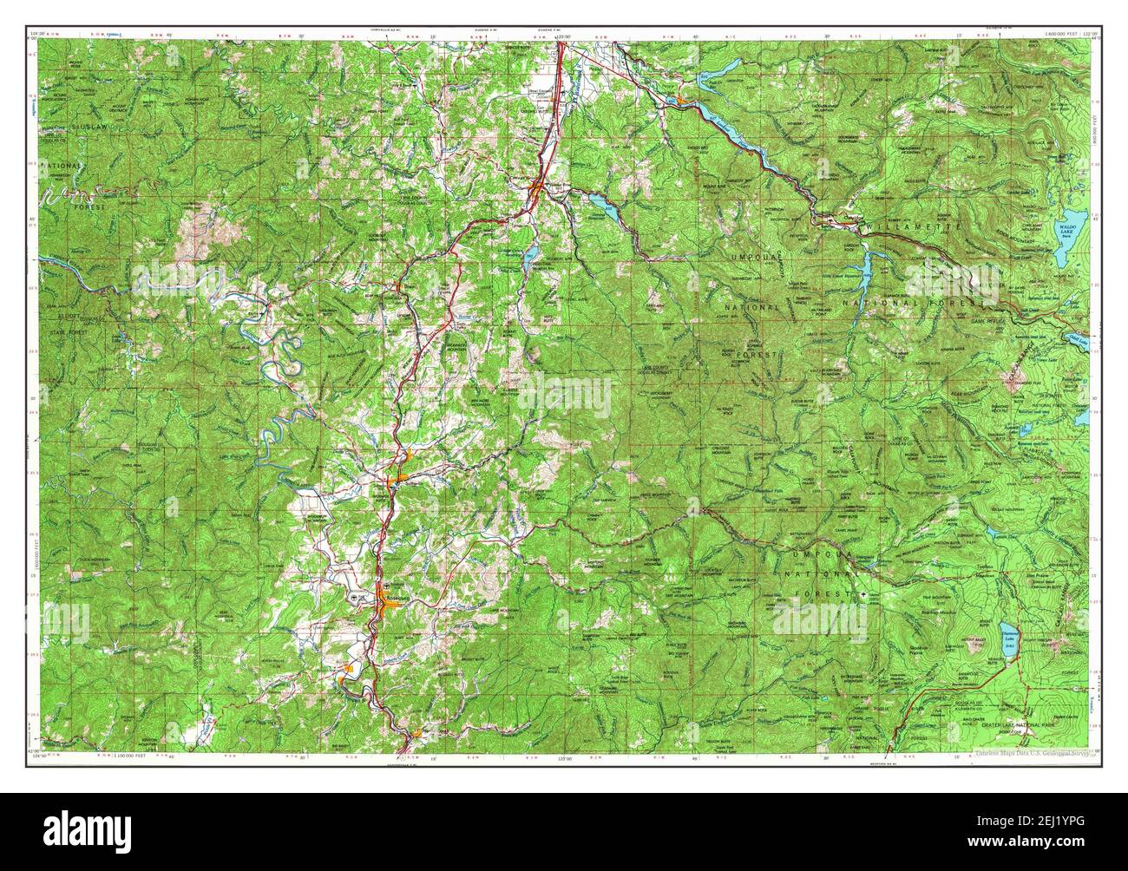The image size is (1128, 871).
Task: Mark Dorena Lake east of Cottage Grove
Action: [x=601, y=206]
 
